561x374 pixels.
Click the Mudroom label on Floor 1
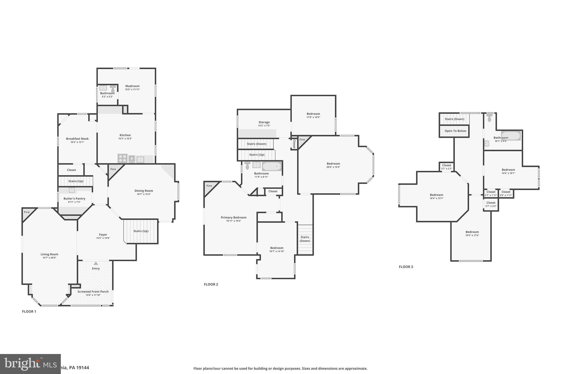[x=132, y=86]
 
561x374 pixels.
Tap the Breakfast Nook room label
[x=77, y=139]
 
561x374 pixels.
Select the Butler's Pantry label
[x=75, y=199]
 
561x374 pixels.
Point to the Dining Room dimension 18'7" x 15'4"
[x=144, y=194]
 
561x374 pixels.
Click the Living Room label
[x=49, y=254]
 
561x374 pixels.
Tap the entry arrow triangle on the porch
[x=96, y=263]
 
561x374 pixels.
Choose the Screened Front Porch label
[x=93, y=292]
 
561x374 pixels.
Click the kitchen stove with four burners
[x=122, y=158]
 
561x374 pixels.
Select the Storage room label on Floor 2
[x=264, y=122]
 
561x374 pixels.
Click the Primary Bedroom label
[x=234, y=218]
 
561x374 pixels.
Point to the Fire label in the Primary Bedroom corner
[x=209, y=186]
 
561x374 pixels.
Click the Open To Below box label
[x=455, y=131]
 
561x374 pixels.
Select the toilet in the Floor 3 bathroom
[x=490, y=118]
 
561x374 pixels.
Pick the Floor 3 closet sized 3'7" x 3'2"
[x=491, y=204]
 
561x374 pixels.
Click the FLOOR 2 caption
[x=211, y=284]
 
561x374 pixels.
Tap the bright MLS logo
[x=30, y=364]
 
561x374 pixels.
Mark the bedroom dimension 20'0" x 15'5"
[x=333, y=167]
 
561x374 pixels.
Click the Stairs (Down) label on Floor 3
[x=454, y=119]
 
